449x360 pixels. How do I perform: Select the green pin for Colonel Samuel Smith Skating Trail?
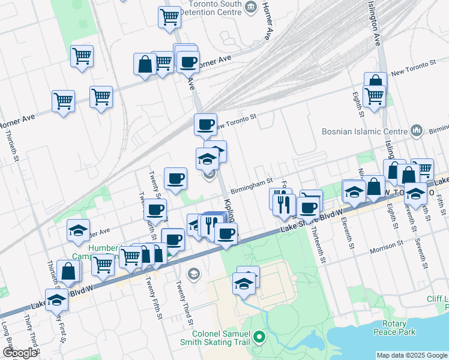pos(259,337)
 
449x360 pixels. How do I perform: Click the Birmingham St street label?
pos(252,181)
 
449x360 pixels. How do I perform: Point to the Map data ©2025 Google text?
pos(412,355)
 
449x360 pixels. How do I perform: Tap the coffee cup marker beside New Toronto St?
pos(205,124)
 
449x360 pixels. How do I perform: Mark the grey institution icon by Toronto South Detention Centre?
pos(251,8)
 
